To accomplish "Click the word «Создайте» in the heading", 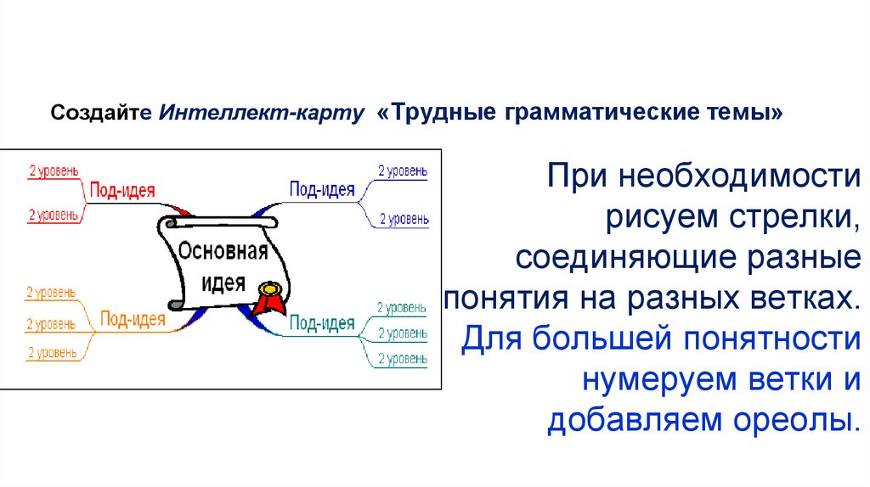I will click(x=100, y=113).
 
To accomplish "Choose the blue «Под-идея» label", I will click(x=322, y=189).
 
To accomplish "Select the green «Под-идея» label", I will click(x=322, y=322).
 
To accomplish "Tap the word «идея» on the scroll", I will click(x=223, y=283).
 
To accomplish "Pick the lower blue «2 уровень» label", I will click(x=403, y=219).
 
